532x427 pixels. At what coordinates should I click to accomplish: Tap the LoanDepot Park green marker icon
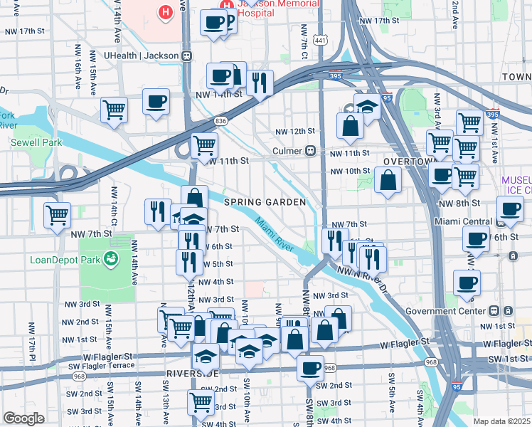pyautogui.click(x=111, y=259)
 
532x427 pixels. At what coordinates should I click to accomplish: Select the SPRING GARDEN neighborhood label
pyautogui.click(x=265, y=202)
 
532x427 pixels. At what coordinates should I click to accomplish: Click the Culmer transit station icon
pyautogui.click(x=310, y=151)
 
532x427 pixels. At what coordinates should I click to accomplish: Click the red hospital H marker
pyautogui.click(x=166, y=12)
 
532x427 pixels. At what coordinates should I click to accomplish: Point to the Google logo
pyautogui.click(x=24, y=418)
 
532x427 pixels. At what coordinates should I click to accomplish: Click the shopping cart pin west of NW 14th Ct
pyautogui.click(x=57, y=214)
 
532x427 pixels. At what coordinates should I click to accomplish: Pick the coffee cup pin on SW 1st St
pyautogui.click(x=310, y=368)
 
